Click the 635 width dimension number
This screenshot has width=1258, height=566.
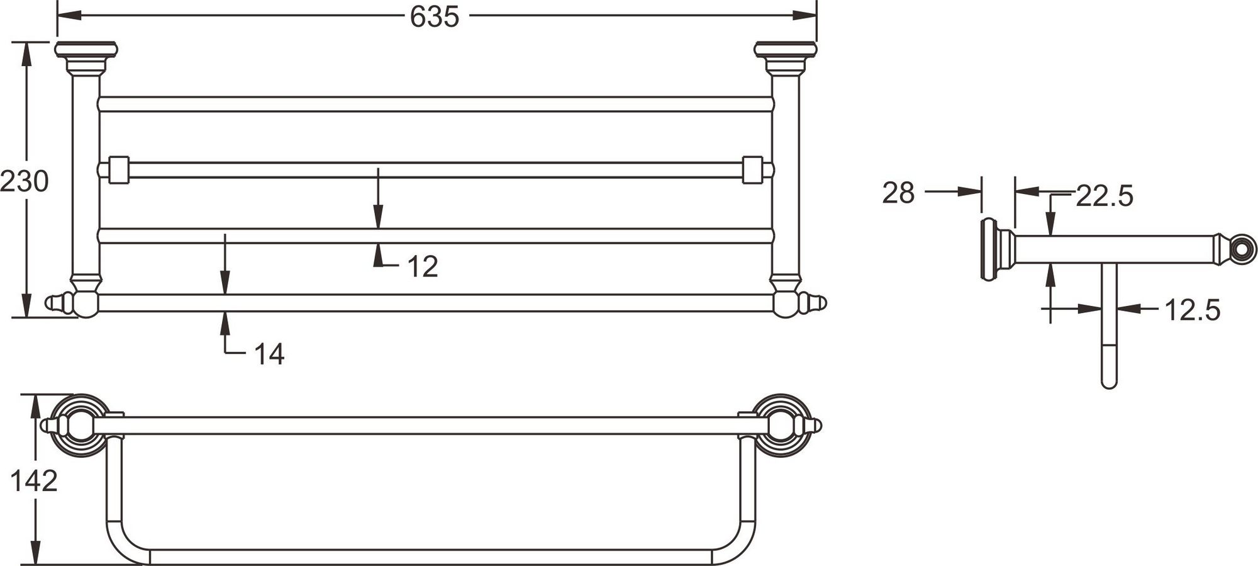click(x=435, y=17)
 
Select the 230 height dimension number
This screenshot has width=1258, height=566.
click(x=24, y=181)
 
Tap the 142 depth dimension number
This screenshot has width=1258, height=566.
click(x=34, y=482)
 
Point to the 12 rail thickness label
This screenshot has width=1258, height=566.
click(x=423, y=267)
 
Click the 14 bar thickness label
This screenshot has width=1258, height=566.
click(x=269, y=354)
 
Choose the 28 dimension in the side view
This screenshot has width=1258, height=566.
click(x=898, y=193)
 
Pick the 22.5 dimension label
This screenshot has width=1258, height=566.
click(x=1105, y=196)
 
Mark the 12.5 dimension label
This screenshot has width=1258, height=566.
click(x=1193, y=310)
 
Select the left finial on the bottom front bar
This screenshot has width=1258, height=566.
click(x=58, y=303)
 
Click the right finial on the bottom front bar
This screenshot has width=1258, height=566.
click(x=814, y=303)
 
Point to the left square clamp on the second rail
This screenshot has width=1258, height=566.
click(x=118, y=170)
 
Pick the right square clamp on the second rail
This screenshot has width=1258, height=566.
click(x=752, y=170)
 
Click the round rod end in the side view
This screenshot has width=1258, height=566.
click(x=1243, y=248)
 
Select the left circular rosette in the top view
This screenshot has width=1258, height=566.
click(x=80, y=426)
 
